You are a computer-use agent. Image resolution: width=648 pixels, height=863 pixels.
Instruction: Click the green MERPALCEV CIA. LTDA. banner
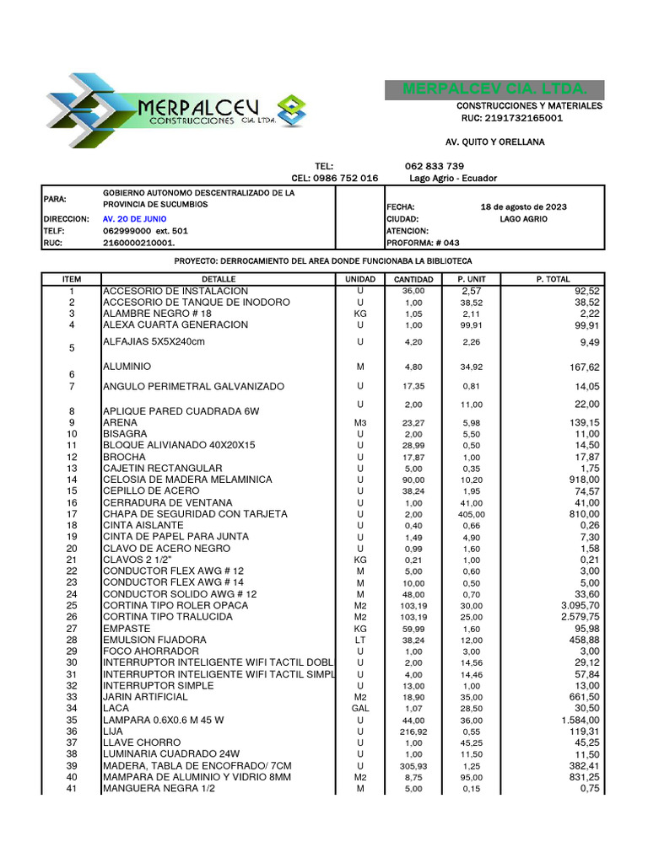point(495,89)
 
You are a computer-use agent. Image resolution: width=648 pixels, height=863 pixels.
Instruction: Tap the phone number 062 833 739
point(434,166)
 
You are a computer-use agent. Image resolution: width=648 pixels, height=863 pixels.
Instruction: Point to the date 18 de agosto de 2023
point(523,206)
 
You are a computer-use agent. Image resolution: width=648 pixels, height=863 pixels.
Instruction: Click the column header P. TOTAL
point(553,279)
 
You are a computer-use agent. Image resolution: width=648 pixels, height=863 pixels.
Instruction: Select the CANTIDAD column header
point(413,279)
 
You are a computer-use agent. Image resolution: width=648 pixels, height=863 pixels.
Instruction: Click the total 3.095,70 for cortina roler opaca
point(579,605)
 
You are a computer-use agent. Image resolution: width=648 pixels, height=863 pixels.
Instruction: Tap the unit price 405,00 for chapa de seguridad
point(472,513)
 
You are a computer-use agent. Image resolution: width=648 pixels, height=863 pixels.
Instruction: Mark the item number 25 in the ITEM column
point(72,605)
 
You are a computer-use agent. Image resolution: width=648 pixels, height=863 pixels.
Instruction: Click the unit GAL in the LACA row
point(360,708)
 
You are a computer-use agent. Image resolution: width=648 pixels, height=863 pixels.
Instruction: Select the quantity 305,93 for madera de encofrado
point(413,765)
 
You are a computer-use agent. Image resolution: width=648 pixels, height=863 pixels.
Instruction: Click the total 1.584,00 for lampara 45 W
point(579,720)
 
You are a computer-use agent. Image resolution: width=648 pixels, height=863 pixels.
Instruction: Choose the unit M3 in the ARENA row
point(360,422)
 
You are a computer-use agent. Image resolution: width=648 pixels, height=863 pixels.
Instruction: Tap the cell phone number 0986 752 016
point(346,178)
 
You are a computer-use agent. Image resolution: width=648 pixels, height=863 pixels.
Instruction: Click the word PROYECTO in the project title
point(199,261)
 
